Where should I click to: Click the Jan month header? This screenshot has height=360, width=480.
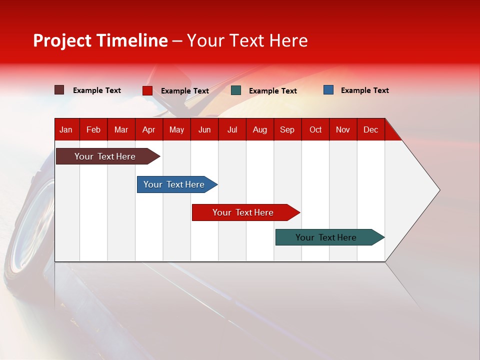(x=66, y=129)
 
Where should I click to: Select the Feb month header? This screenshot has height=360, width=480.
(x=93, y=129)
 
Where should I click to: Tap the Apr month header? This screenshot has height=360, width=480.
(x=148, y=129)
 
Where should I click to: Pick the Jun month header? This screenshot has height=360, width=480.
(x=204, y=129)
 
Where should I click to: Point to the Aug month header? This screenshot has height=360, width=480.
(x=260, y=129)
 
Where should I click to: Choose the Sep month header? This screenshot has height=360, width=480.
(x=287, y=129)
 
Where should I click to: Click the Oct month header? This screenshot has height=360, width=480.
(x=315, y=129)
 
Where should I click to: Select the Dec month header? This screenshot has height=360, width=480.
(x=370, y=129)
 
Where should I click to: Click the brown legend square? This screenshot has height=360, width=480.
(x=59, y=90)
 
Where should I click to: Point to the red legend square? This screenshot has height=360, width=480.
(x=147, y=90)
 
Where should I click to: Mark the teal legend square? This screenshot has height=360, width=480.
(x=236, y=90)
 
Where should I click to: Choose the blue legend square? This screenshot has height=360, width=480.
(x=328, y=90)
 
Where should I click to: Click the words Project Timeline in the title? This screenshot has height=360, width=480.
(x=100, y=40)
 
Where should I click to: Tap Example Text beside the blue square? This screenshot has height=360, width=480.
(x=364, y=90)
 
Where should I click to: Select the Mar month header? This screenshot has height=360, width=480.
(x=121, y=129)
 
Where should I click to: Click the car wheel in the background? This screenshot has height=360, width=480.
(x=27, y=235)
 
